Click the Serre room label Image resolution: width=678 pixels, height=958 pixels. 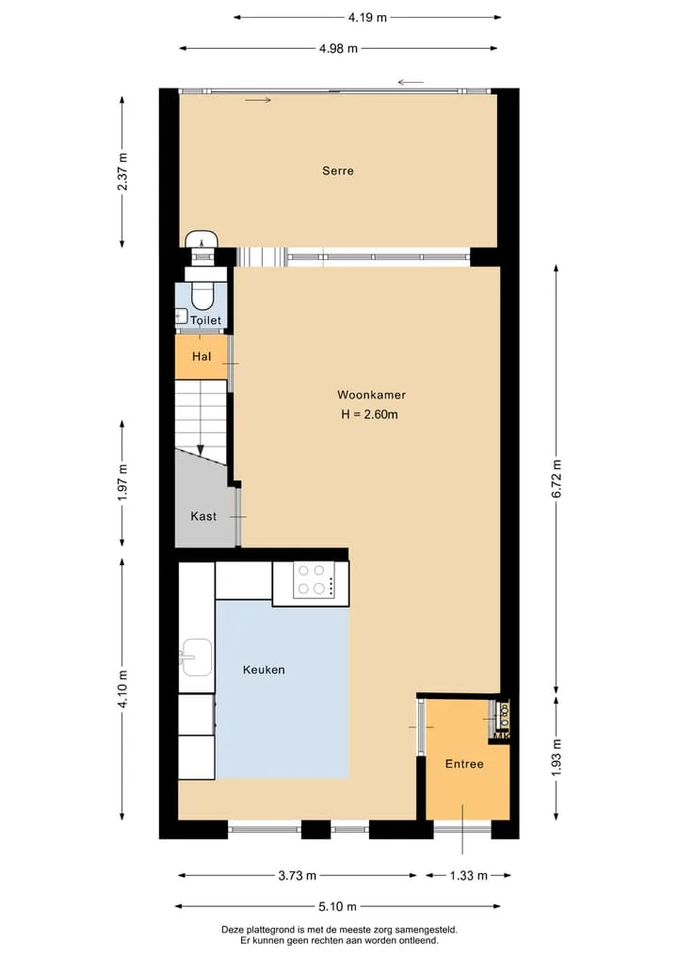coord(338,171)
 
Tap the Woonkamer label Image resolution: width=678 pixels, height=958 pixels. coord(371,395)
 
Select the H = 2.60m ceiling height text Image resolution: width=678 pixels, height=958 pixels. coord(369,414)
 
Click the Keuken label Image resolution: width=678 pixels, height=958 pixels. coord(264,670)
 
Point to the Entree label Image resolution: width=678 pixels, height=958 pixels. coord(464,764)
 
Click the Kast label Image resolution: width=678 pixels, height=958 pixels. coord(203,516)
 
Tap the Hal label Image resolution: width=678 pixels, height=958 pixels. coord(202,356)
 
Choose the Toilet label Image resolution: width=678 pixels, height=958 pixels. coord(206,320)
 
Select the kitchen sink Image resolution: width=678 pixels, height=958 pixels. coord(196,658)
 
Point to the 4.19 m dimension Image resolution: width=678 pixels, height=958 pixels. coord(367,17)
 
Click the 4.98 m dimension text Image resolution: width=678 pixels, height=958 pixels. coord(338,48)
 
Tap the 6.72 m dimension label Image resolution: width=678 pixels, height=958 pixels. coord(557,478)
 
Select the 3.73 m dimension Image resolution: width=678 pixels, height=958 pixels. coord(298,875)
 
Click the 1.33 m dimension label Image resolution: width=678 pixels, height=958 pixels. coord(469,875)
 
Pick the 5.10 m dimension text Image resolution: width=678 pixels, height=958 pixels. coord(337,907)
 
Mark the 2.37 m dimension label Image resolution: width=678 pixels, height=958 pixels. coord(122,171)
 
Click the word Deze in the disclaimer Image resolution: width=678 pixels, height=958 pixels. coord(232,930)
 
